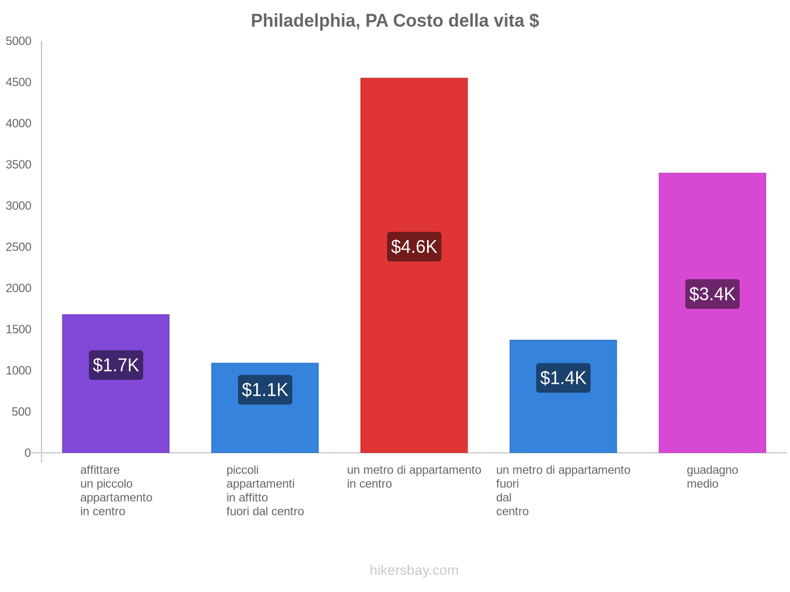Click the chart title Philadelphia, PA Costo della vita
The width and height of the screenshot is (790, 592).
(395, 21)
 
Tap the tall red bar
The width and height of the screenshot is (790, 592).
(414, 148)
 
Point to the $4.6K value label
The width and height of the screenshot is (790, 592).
(414, 247)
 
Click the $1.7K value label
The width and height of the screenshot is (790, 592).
(116, 365)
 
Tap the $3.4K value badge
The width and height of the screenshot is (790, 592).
(712, 294)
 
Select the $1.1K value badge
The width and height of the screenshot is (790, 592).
(265, 390)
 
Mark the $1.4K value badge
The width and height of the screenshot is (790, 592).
(563, 378)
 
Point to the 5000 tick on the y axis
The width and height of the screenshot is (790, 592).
(18, 41)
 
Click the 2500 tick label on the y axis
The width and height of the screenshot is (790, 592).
(18, 247)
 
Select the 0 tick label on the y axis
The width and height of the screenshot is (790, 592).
(28, 453)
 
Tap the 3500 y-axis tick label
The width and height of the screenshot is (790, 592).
(18, 165)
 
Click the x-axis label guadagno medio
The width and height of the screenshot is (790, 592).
(712, 477)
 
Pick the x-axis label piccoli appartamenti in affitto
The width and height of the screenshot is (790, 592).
(265, 490)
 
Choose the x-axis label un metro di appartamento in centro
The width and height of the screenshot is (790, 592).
(414, 477)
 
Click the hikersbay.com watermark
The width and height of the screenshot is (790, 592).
(414, 570)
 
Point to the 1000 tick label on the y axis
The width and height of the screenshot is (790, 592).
(18, 370)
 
